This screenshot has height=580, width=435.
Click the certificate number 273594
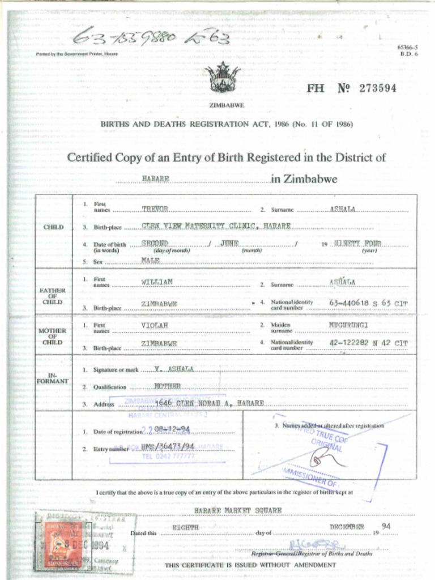(x=377, y=88)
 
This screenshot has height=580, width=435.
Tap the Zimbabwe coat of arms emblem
(x=223, y=78)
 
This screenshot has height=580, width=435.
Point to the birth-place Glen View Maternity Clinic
(x=216, y=226)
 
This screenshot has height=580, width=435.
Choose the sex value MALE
(x=151, y=261)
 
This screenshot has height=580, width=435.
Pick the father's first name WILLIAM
(x=156, y=282)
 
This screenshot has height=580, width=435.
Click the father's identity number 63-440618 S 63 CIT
(x=368, y=303)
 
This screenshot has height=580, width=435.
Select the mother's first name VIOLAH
(x=155, y=326)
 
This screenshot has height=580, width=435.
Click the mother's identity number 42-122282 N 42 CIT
(x=368, y=343)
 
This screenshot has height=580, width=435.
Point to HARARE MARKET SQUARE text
(x=237, y=510)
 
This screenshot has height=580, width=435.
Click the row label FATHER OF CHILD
(x=52, y=296)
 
